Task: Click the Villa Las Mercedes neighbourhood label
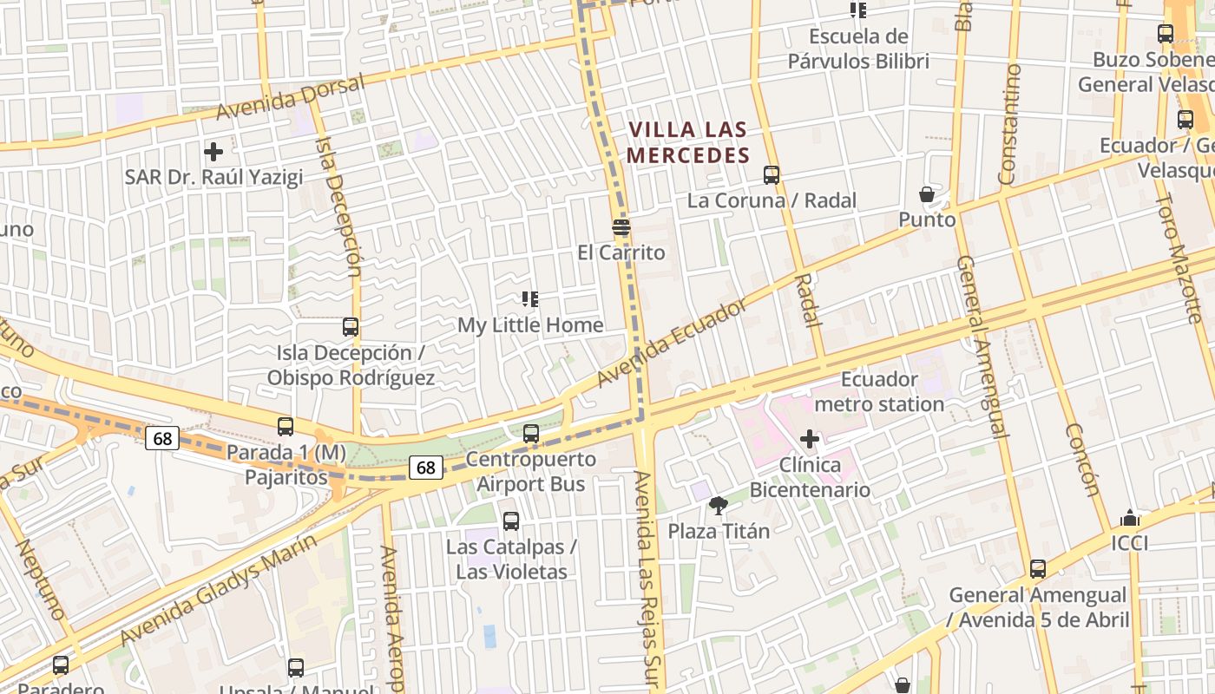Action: click(x=688, y=143)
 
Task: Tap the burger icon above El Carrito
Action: click(x=621, y=228)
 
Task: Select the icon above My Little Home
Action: click(x=530, y=300)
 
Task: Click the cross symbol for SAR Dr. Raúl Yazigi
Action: click(x=213, y=153)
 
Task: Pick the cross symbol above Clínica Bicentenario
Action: click(x=810, y=440)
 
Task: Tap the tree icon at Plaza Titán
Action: click(x=718, y=506)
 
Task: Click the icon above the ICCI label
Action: click(x=1130, y=518)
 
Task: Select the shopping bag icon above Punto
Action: click(x=927, y=194)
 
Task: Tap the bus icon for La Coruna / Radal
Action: click(x=772, y=175)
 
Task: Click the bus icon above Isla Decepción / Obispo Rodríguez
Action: click(x=351, y=328)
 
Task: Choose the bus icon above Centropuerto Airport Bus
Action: click(x=531, y=434)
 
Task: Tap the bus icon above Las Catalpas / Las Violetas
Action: click(x=511, y=521)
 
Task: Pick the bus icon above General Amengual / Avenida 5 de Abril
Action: click(x=1038, y=570)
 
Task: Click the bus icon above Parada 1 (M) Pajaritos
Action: click(x=286, y=427)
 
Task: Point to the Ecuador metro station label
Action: click(x=879, y=392)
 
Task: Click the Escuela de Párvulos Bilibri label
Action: click(x=858, y=49)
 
